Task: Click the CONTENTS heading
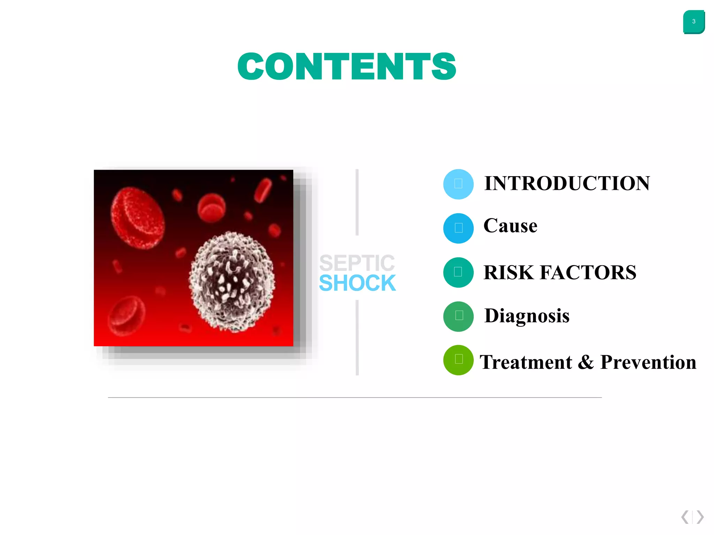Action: [347, 67]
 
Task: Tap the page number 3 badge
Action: [693, 22]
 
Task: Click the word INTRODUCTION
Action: [567, 184]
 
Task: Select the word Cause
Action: [510, 226]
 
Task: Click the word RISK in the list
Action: [508, 273]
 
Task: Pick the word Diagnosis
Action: [526, 316]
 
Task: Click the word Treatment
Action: [526, 362]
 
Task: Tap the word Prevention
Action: [648, 362]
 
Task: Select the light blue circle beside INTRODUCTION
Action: [458, 184]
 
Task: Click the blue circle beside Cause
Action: [458, 228]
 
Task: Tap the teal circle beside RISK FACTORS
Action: [458, 272]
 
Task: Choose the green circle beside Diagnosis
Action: [458, 316]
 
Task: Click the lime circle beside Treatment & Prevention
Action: [458, 360]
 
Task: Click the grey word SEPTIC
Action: [357, 263]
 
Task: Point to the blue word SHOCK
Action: [357, 283]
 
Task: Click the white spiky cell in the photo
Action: [232, 281]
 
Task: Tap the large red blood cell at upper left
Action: [138, 218]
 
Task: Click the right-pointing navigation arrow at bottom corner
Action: [700, 517]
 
